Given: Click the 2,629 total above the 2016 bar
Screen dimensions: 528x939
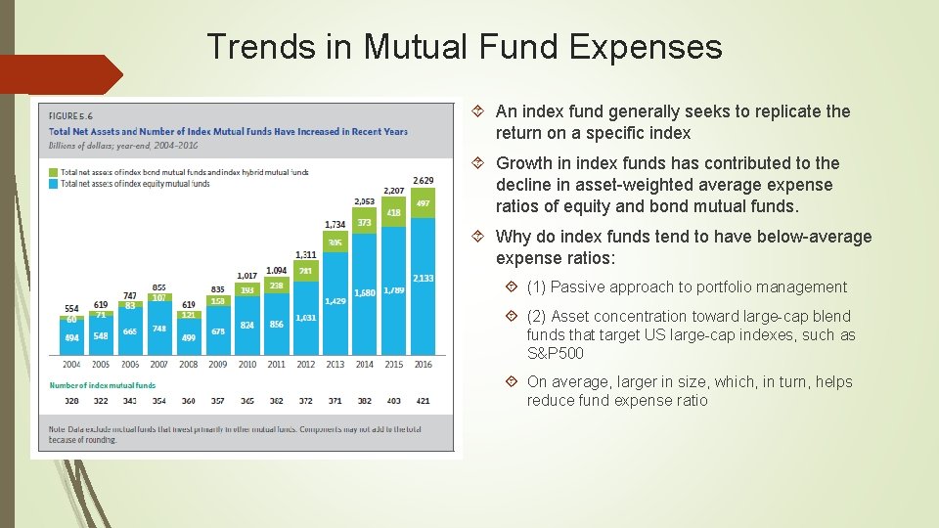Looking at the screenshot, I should pos(423,180).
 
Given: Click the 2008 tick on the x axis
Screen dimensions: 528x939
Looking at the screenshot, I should pos(188,364).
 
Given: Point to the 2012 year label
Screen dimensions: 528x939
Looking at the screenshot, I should pos(305,364).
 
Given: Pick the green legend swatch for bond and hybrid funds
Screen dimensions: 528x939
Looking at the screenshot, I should pos(53,172).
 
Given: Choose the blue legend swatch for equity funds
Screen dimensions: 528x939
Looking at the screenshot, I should pos(53,183).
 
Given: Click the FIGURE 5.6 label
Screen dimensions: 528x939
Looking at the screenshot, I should pos(70,116).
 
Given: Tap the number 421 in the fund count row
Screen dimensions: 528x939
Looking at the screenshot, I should pos(423,401).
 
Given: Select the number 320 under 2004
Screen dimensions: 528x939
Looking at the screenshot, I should pos(71,401).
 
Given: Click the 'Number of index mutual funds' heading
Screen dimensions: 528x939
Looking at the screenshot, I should pos(102,385).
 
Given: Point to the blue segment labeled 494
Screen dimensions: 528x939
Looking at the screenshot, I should pos(71,337).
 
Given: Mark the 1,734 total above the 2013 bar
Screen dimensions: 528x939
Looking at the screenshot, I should pos(335,224).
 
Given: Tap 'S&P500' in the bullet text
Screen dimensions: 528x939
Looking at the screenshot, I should pos(555,354).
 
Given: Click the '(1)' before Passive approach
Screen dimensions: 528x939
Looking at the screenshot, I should pos(536,287).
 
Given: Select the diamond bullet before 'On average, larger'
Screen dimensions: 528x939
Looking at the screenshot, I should pos(513,382).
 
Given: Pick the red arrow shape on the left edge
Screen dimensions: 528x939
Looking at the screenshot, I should pos(59,74).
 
